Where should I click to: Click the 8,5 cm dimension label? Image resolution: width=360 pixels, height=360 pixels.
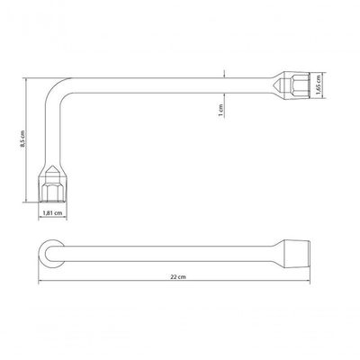[22, 139]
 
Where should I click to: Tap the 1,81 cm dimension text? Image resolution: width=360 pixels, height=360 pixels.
[53, 212]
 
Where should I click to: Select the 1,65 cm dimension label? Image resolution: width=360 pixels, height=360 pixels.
[318, 85]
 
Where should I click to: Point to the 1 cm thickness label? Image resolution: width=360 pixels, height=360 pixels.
[221, 111]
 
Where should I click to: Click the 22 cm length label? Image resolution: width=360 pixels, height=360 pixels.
[178, 277]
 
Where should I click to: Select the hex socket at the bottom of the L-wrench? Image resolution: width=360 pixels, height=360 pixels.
[53, 184]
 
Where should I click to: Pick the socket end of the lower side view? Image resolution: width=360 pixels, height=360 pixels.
[296, 254]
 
